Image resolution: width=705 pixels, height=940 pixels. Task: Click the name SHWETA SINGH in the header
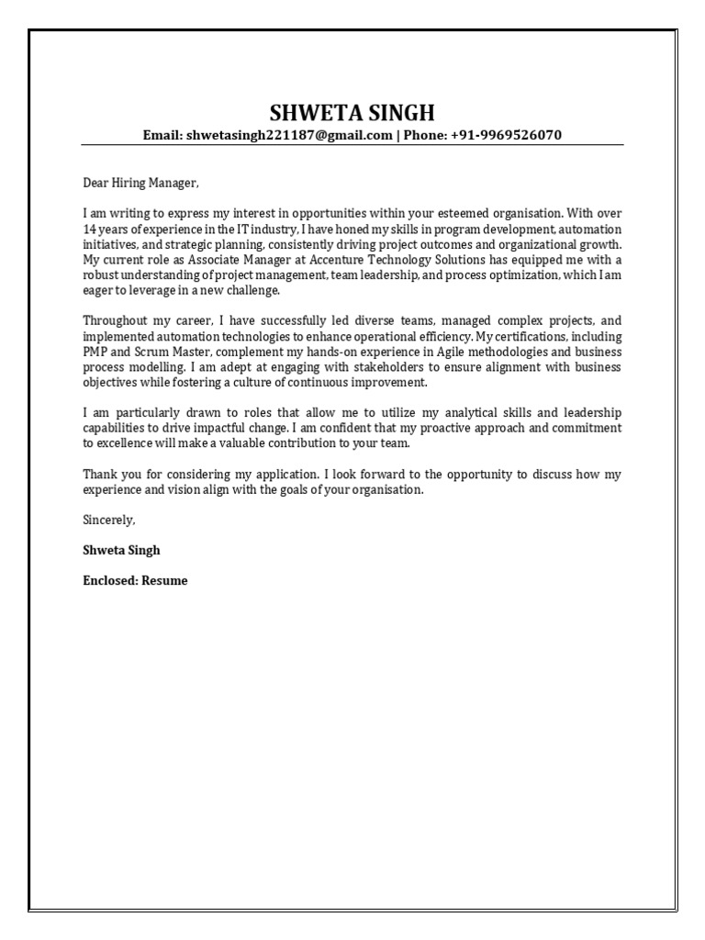coord(352,113)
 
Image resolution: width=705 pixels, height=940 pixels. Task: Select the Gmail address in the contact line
coord(289,135)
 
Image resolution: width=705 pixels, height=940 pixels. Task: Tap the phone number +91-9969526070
coord(505,135)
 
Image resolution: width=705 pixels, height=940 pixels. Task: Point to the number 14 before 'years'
coord(90,229)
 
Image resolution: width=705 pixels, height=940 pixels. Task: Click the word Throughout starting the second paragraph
coord(117,321)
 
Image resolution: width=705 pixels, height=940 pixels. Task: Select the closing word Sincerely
coord(108,520)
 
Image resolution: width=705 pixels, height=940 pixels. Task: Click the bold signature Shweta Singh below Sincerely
coord(121,550)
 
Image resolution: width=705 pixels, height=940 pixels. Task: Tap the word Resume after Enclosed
coord(164,580)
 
